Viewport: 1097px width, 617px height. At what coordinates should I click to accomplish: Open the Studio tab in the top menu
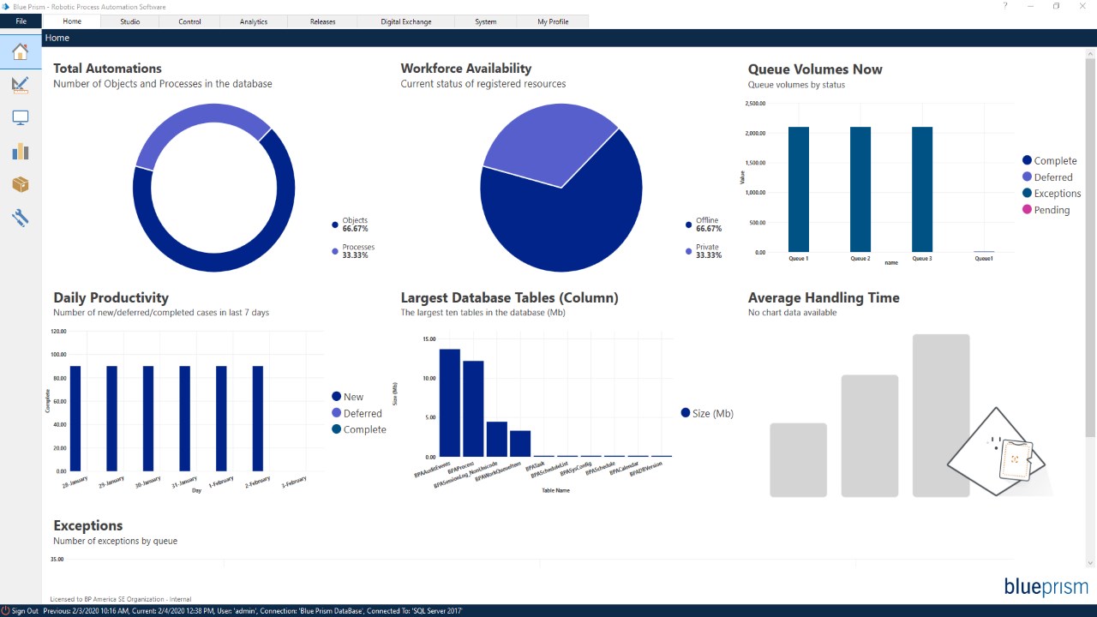[x=129, y=21]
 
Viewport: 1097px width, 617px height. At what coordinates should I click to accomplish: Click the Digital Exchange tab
[x=406, y=21]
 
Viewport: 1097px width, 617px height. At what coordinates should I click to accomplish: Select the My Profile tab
[x=554, y=21]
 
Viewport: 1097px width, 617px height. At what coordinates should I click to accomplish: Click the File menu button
[x=21, y=21]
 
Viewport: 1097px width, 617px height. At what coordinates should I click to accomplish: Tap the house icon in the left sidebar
[x=21, y=52]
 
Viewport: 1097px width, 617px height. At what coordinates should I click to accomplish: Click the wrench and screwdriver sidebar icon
[x=21, y=218]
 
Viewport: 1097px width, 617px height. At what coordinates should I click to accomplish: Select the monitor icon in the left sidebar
[x=21, y=118]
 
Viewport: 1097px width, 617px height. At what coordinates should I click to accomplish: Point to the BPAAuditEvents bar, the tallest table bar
[x=450, y=403]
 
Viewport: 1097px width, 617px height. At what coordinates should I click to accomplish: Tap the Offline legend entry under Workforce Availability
[x=707, y=225]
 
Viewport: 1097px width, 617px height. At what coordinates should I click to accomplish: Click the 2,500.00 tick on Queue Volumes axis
[x=755, y=104]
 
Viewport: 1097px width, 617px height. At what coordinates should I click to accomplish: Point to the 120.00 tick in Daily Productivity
[x=59, y=331]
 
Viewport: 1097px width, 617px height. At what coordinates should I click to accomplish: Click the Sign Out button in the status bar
[x=21, y=611]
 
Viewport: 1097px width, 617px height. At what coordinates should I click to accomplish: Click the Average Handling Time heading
[x=824, y=298]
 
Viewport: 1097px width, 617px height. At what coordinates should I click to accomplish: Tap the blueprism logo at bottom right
[x=1046, y=587]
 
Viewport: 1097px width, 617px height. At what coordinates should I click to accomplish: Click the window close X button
[x=1081, y=7]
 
